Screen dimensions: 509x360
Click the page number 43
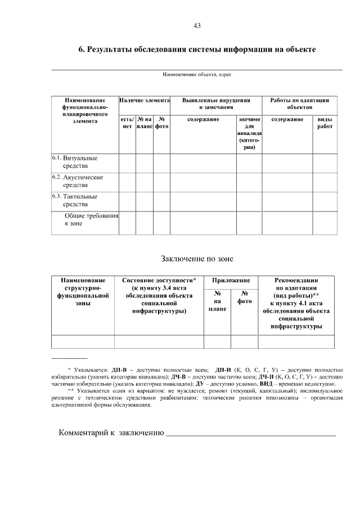coord(197,26)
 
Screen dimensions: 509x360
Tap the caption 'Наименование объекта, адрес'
coord(197,74)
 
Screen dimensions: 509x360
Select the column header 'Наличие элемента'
coord(145,100)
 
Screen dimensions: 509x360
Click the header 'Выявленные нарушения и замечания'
coord(216,103)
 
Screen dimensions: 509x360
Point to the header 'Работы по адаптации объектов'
coord(299,103)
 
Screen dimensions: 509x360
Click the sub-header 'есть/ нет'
coord(127,123)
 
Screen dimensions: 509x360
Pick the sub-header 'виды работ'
coord(325,123)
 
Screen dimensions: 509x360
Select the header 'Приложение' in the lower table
coord(231,280)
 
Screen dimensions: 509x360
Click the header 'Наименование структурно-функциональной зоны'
coord(83,291)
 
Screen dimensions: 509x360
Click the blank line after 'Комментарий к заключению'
coord(251,433)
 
